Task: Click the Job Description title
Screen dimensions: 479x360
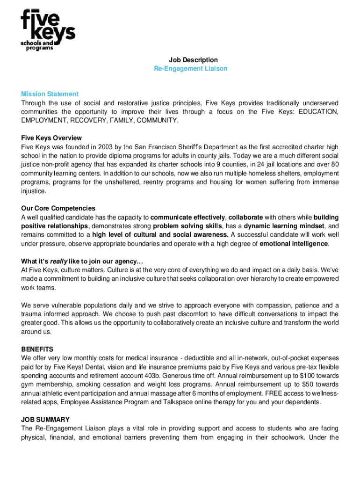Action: coord(193,60)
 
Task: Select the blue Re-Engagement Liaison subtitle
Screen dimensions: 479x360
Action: coord(191,69)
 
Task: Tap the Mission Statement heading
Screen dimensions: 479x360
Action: coord(50,94)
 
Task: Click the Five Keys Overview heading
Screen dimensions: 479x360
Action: coord(51,138)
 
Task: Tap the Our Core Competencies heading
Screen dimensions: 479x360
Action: coord(58,208)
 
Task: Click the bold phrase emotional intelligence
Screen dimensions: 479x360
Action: coord(294,244)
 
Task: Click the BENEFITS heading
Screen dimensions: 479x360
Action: coord(37,349)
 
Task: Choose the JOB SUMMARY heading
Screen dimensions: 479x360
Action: coord(45,420)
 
